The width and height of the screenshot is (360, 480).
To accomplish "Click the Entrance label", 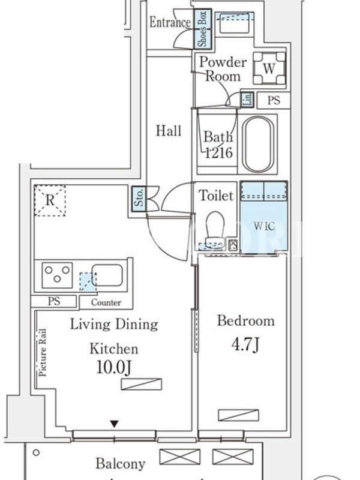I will [x=169, y=23].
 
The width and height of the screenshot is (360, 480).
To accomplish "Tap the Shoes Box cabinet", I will [x=203, y=29].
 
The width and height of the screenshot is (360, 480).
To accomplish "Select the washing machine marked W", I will [x=268, y=69].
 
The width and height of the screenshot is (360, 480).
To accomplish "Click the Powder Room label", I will [x=223, y=69].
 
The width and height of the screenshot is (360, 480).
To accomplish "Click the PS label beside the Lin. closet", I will [x=274, y=100].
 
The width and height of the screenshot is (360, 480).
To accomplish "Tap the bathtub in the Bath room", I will [x=259, y=144].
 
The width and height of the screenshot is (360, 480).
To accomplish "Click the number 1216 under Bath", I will [x=218, y=153].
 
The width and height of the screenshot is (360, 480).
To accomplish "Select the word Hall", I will [x=169, y=131].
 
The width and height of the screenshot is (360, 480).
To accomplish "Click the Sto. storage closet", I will [x=138, y=200].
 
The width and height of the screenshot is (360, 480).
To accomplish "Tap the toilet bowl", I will [x=214, y=228].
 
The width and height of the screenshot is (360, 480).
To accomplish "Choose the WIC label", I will [x=264, y=226].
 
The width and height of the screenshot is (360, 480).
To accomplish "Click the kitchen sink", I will [x=107, y=275].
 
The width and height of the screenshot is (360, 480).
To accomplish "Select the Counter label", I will [x=106, y=302].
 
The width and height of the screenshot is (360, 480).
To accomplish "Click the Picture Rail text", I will [x=43, y=353].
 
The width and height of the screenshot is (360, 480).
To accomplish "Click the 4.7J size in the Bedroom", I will [x=245, y=345].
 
